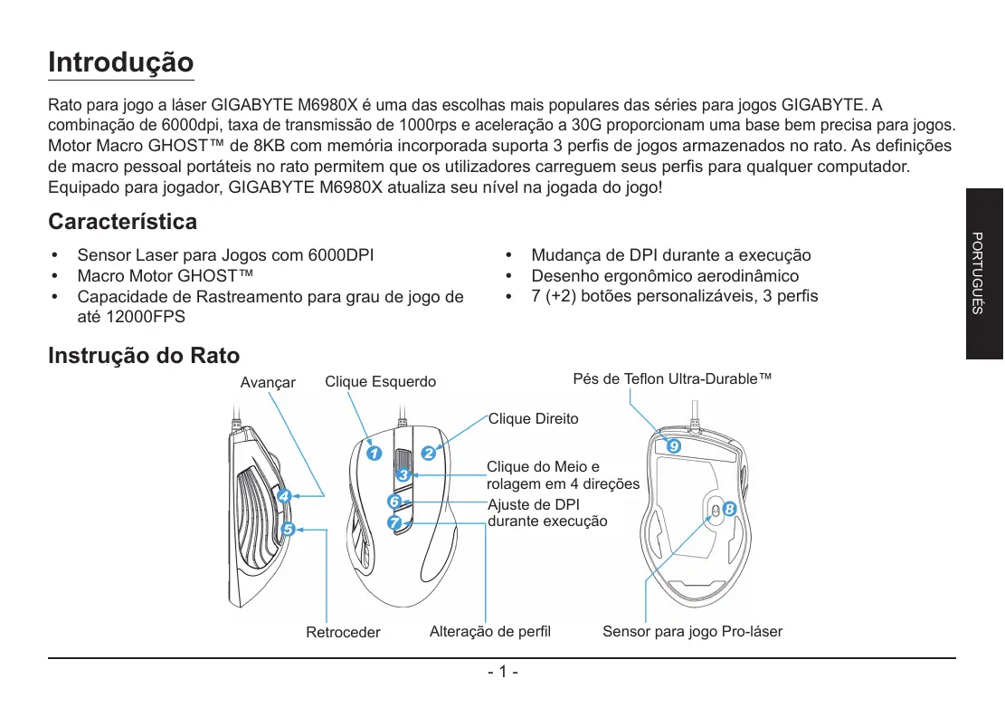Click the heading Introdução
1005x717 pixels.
[120, 63]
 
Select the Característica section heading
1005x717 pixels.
[122, 222]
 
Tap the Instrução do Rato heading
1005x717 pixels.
[144, 357]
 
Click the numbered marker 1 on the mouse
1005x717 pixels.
[373, 453]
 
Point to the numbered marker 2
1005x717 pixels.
[428, 453]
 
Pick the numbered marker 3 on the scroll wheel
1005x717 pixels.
[403, 474]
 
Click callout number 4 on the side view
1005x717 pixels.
[284, 496]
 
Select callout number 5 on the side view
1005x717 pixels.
[288, 529]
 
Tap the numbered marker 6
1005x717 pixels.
[393, 501]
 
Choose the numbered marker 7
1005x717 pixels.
[393, 523]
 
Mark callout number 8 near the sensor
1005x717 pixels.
[730, 510]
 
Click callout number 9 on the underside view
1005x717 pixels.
[672, 446]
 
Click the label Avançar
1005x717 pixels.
[268, 383]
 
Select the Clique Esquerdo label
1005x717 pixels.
[380, 382]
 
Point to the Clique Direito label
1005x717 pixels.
[533, 419]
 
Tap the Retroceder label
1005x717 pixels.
[343, 632]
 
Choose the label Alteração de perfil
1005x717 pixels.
[489, 631]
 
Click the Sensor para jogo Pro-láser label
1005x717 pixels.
[692, 631]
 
